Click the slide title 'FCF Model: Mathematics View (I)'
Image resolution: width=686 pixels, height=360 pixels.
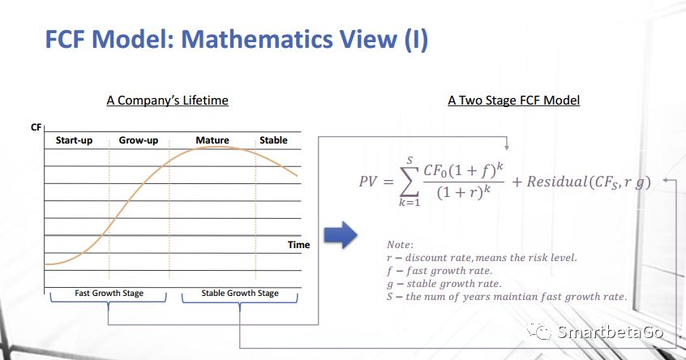click(236, 39)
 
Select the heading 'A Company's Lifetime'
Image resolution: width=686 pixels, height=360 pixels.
click(168, 101)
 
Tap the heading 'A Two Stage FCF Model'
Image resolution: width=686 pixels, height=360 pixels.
click(513, 101)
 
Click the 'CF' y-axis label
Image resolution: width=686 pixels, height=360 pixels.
click(36, 127)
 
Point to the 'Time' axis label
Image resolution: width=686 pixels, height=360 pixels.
click(299, 245)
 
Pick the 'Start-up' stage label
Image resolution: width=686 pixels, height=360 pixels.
click(74, 140)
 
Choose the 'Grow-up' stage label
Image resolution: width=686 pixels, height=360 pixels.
click(138, 140)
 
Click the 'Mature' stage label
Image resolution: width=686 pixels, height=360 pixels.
click(212, 140)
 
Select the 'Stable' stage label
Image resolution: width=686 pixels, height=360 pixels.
click(273, 140)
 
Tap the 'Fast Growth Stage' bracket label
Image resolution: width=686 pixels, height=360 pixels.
click(109, 293)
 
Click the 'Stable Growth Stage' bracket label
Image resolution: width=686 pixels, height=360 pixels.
click(240, 293)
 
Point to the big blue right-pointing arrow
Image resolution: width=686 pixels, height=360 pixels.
click(341, 235)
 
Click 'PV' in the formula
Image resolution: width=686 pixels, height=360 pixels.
click(368, 182)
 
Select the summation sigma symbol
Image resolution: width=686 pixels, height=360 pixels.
click(409, 181)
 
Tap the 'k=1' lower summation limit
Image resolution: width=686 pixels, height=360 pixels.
click(409, 203)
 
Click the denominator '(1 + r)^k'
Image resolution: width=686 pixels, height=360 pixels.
click(463, 192)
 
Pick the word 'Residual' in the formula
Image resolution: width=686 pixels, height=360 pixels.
click(555, 182)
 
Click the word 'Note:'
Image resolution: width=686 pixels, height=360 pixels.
click(400, 245)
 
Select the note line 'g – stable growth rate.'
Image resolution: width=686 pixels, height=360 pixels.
click(444, 284)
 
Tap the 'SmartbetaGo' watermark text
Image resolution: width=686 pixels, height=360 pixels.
click(611, 332)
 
